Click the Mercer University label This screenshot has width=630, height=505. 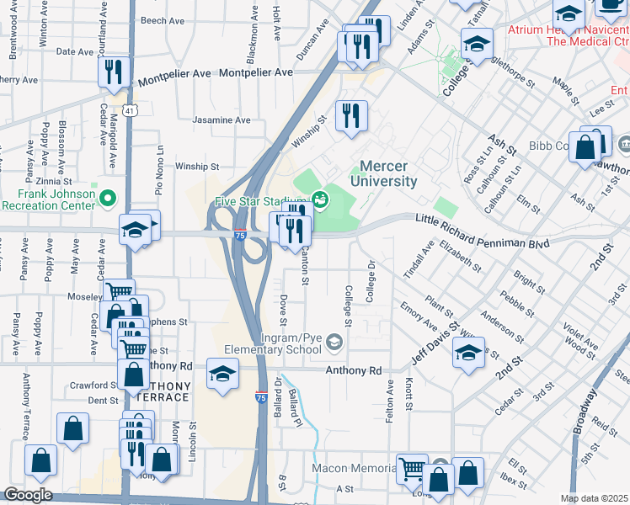point(388,173)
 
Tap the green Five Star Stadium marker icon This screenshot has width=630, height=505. point(319,199)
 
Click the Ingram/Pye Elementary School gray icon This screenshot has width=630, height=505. point(335,341)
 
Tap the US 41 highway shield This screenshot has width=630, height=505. point(127,110)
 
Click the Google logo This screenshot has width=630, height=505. point(28,495)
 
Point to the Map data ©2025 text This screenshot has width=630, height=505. point(594,498)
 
